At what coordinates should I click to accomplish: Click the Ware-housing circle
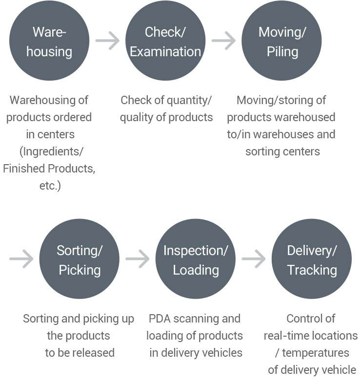coord(49,41)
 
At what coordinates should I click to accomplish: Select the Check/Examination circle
coord(165,41)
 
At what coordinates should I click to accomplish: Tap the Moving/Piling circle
coord(282,41)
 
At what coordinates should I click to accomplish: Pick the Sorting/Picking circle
coord(80,259)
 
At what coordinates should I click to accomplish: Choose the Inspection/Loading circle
coord(196,259)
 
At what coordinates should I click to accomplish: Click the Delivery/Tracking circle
coord(312,259)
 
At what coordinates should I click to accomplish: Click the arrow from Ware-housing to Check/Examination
coord(107,41)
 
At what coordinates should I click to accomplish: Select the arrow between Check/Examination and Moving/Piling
coord(223,41)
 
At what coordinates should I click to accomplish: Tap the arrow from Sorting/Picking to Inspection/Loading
coord(138,259)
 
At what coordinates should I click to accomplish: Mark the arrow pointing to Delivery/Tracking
coord(254,259)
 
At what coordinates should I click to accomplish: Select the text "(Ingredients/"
coord(49,151)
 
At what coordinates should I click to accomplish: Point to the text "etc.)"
coord(50,186)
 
